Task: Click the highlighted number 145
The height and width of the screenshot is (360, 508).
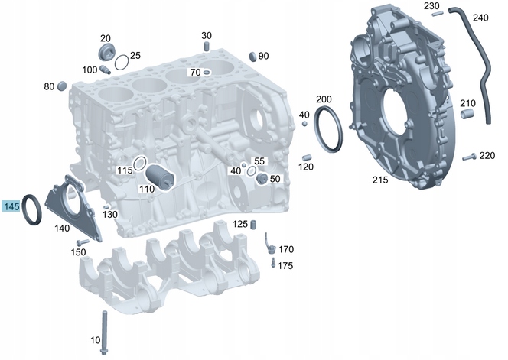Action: coord(11,206)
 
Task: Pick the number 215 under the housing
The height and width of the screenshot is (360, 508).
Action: coord(379,180)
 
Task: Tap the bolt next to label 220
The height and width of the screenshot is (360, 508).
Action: coord(469,157)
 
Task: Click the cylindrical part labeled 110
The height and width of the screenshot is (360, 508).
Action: coord(161,177)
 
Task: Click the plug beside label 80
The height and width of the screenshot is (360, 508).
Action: coord(63,84)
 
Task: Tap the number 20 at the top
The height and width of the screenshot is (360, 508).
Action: coord(106,38)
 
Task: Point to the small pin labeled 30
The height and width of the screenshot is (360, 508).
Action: coord(207,48)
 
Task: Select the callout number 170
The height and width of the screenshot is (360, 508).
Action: coord(285,249)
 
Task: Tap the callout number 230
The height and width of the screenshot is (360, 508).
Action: coord(432,6)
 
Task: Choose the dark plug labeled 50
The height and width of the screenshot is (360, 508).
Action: coord(262,179)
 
